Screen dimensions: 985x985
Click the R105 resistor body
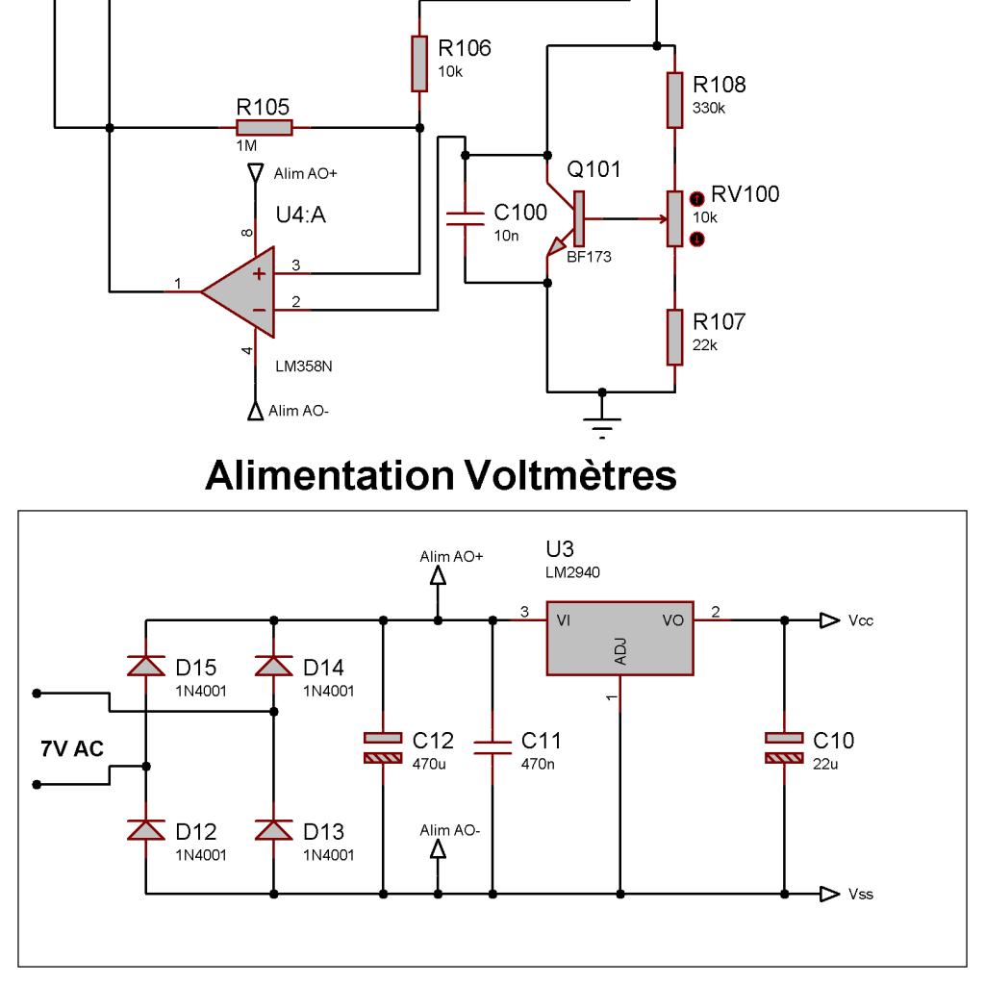click(264, 128)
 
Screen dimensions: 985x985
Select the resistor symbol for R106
click(419, 63)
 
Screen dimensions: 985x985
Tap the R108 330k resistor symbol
click(674, 100)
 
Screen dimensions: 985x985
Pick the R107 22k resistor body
click(674, 337)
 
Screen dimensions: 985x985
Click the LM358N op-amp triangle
click(239, 292)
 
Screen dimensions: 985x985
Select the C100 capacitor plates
click(465, 218)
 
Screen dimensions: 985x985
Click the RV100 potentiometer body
click(674, 218)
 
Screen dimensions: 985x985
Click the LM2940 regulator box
click(620, 639)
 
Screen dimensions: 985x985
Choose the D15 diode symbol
click(146, 666)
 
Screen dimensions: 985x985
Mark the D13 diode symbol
click(274, 830)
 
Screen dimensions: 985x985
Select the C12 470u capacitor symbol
click(383, 747)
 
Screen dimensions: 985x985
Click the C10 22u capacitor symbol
click(784, 747)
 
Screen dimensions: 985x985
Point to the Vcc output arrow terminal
click(829, 620)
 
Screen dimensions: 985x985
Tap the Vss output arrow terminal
click(829, 894)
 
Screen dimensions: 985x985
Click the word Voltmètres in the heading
click(570, 475)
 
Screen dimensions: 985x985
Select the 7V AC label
click(72, 748)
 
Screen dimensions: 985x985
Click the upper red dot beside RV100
click(697, 199)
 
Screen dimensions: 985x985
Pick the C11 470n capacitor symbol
click(492, 747)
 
